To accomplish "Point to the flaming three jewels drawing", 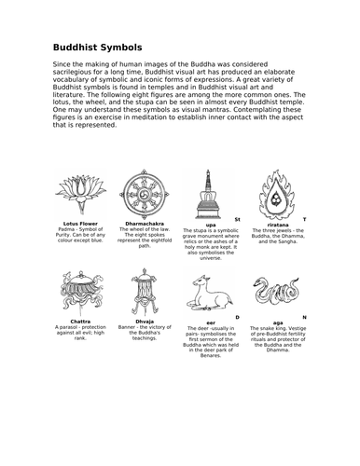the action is [x=270, y=192].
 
